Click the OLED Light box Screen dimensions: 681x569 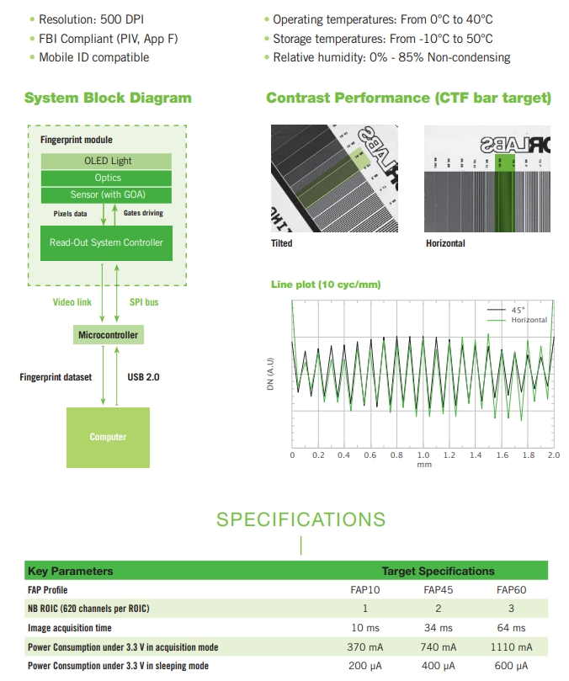tap(108, 161)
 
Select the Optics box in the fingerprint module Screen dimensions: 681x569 tap(108, 178)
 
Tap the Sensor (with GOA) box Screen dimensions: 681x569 tap(108, 194)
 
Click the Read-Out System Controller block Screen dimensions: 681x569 tap(106, 242)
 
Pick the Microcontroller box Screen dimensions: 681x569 tap(108, 335)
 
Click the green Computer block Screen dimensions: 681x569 tap(108, 437)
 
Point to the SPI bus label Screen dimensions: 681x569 tap(144, 301)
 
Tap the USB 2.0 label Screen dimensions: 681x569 tap(143, 377)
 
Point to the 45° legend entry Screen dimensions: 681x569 tap(518, 311)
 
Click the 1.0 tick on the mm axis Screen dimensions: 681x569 tap(423, 455)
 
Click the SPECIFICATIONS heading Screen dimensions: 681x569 tap(300, 519)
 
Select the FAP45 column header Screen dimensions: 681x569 tap(438, 589)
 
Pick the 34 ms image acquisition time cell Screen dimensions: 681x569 tap(438, 628)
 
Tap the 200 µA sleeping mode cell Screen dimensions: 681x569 tap(365, 666)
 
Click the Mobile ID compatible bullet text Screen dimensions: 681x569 tap(93, 57)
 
